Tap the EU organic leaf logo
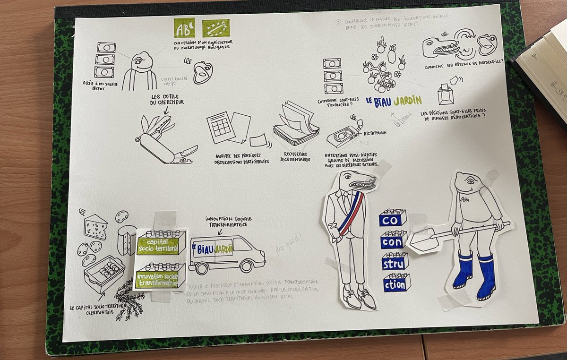coord(215,28)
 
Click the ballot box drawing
coord(445,94)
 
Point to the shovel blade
coord(422,240)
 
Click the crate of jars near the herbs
coord(104,272)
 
